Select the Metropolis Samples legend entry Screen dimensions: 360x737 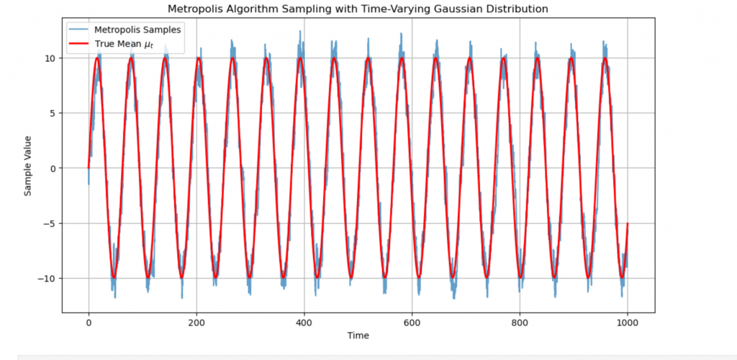[x=132, y=30]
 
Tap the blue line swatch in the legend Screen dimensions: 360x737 [x=80, y=30]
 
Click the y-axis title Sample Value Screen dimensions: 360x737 [x=28, y=167]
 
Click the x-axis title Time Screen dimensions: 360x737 [x=358, y=336]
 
